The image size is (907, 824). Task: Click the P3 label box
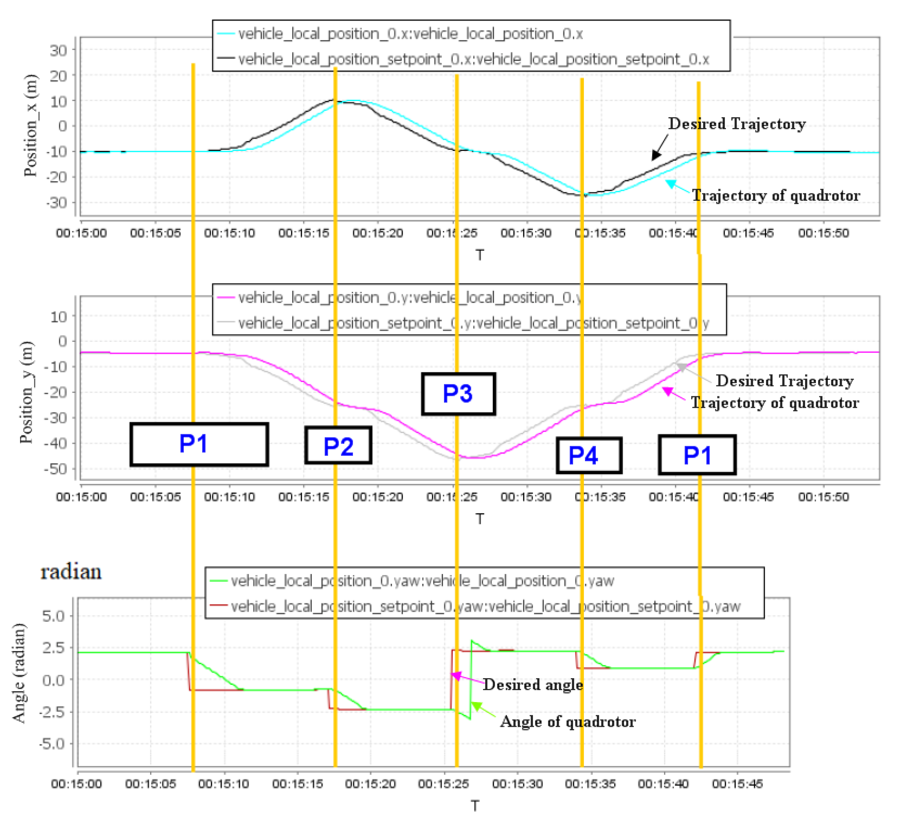458,394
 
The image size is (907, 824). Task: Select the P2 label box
338,446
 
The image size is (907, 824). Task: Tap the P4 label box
589,455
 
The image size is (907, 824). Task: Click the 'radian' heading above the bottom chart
71,572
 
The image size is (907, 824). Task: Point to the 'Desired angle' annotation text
533,685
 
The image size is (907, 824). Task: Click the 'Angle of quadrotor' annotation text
568,722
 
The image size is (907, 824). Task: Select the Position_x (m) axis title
31,126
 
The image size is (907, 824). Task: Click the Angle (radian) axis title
19,673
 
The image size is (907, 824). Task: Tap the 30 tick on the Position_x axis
58,50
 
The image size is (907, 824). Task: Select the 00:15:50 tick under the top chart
823,233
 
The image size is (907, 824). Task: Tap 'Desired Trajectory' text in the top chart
736,124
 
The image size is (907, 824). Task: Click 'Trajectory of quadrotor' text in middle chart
775,403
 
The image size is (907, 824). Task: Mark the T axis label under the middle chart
480,519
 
